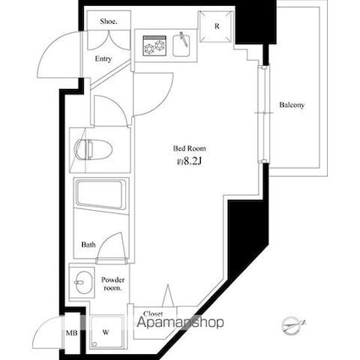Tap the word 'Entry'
[x=103, y=59]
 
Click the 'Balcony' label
[x=292, y=106]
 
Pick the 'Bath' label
[x=88, y=245]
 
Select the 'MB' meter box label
[x=71, y=333]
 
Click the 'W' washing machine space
[x=106, y=332]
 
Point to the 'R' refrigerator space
[x=217, y=26]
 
